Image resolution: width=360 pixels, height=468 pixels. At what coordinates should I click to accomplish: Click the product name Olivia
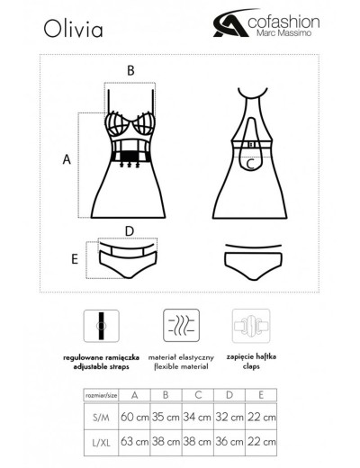(x=73, y=29)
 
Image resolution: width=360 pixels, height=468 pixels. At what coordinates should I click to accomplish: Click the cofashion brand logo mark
(x=231, y=23)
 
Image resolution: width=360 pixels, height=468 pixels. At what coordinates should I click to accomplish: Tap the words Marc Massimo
(x=284, y=32)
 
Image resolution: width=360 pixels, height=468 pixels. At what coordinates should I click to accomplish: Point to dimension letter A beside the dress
(x=67, y=159)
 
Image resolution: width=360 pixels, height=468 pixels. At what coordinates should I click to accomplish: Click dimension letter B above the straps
(x=130, y=71)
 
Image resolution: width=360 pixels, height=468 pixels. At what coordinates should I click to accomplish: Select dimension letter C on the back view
(x=250, y=164)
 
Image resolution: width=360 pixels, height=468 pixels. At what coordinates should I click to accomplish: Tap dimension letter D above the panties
(x=130, y=231)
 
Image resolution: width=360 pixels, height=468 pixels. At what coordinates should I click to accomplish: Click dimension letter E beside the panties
(x=75, y=259)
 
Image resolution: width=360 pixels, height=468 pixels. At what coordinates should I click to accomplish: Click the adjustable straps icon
(x=102, y=326)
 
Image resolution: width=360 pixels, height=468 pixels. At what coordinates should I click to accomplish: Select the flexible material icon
(x=181, y=326)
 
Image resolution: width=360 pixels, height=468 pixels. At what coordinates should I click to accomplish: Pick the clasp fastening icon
(x=251, y=326)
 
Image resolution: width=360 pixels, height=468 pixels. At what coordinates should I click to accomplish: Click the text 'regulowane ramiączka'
(x=101, y=357)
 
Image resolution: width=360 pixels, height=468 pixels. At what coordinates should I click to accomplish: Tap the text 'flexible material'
(x=181, y=366)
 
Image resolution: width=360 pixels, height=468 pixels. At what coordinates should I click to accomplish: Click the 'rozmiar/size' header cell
(x=101, y=395)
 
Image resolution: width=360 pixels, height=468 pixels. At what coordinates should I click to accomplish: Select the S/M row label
(x=101, y=418)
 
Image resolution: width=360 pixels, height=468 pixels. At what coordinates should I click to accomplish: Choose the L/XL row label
(x=101, y=443)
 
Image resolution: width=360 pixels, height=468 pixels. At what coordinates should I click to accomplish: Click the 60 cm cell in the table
(x=135, y=417)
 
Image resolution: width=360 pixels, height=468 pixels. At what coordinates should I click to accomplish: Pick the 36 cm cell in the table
(x=229, y=442)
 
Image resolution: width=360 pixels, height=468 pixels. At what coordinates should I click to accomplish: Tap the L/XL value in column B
(x=166, y=442)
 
